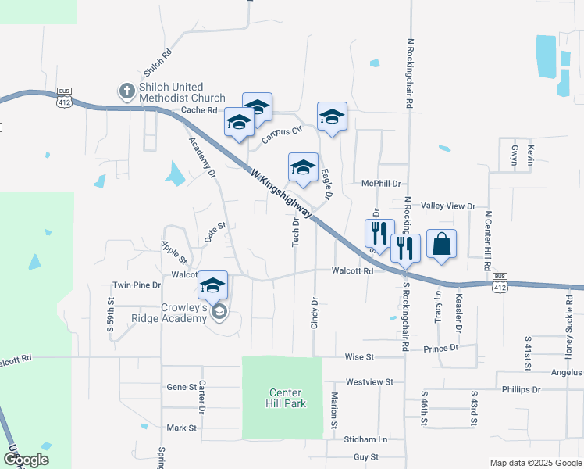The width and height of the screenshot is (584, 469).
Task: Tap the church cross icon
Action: point(126,91)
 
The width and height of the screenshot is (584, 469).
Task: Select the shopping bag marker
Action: point(441,244)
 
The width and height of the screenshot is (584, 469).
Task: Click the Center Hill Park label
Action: point(285,398)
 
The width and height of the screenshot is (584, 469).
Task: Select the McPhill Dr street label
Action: point(381,183)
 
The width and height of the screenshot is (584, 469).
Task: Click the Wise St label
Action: point(360,356)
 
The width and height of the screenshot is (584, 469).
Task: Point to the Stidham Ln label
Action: point(365,439)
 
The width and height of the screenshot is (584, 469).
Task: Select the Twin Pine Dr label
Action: point(137,285)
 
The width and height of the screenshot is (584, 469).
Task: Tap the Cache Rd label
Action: point(198,110)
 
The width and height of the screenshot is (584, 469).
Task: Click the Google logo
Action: point(27,460)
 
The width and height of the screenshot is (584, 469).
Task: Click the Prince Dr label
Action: point(441,348)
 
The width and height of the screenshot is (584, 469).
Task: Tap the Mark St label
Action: point(181,428)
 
